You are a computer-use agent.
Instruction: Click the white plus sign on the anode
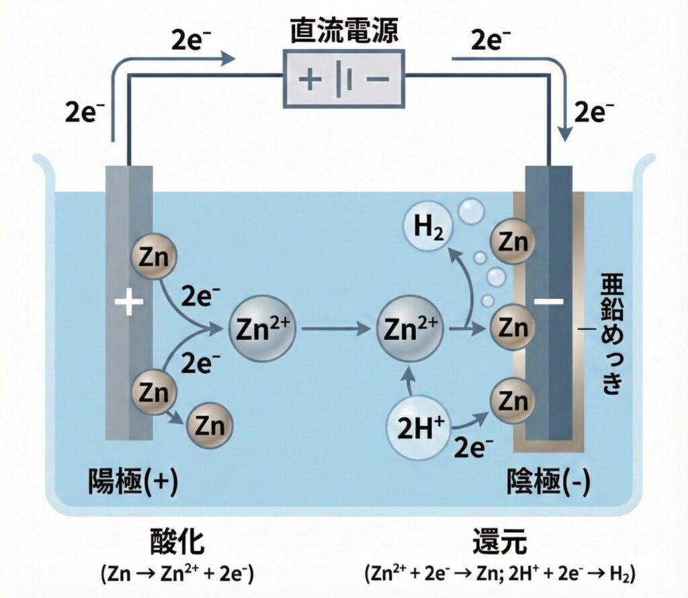[130, 304]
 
